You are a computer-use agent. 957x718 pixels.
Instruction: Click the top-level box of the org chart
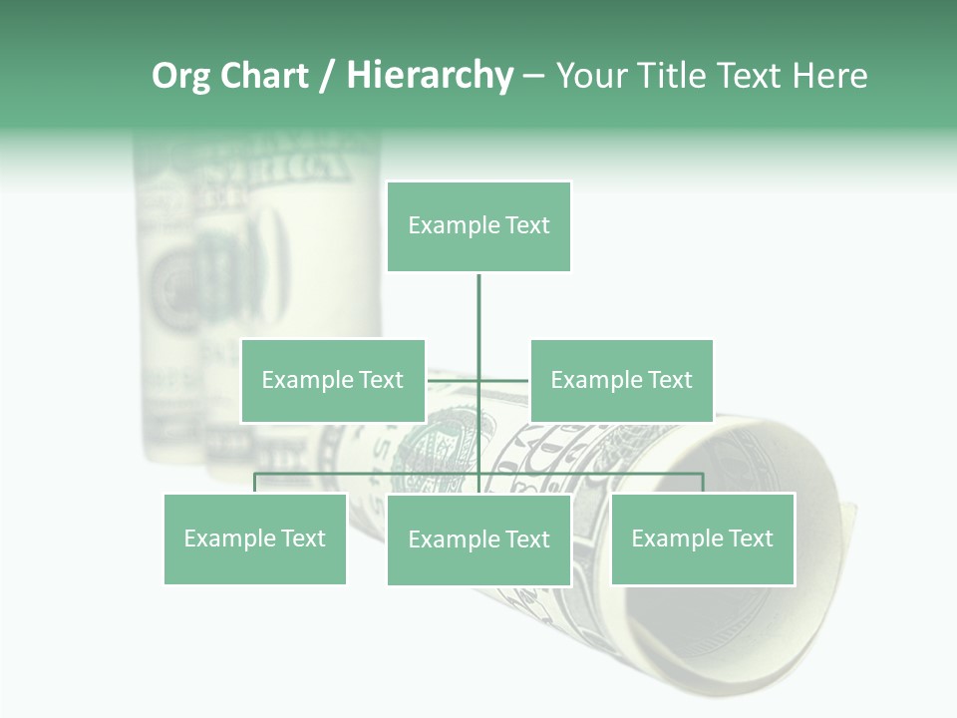pyautogui.click(x=478, y=226)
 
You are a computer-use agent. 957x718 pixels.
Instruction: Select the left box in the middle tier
pyautogui.click(x=333, y=380)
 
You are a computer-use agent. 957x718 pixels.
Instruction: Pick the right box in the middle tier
pyautogui.click(x=621, y=380)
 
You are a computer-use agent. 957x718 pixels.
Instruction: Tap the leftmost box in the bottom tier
pyautogui.click(x=255, y=538)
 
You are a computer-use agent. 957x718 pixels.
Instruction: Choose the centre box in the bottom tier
pyautogui.click(x=478, y=539)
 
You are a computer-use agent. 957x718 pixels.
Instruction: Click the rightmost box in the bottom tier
pyautogui.click(x=703, y=538)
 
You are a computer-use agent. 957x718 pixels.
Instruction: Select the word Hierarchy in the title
pyautogui.click(x=430, y=76)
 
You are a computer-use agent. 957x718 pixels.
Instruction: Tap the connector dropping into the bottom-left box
pyautogui.click(x=255, y=483)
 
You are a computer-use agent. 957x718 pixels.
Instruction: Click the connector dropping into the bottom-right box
pyautogui.click(x=703, y=483)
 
